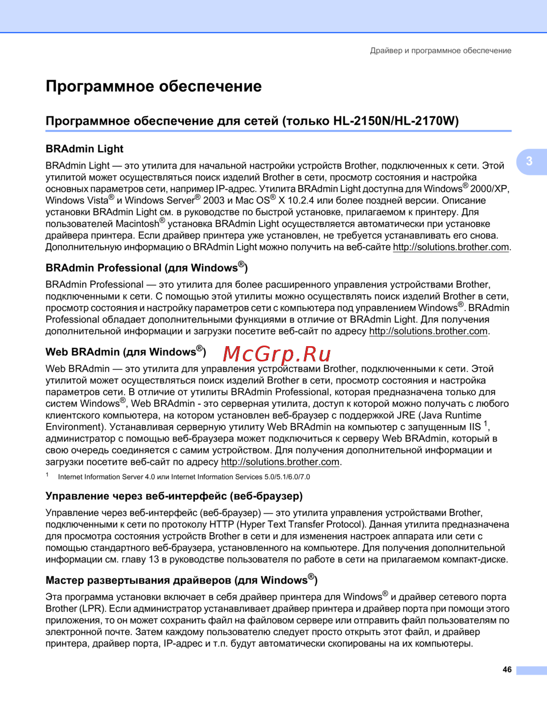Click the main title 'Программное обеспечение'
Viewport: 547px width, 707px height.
pos(154,87)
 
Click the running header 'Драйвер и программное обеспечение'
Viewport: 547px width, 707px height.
pos(440,50)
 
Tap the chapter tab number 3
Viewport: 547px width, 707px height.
pos(529,161)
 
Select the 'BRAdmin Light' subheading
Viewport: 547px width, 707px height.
pos(84,149)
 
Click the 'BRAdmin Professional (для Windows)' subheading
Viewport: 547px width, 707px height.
pos(147,268)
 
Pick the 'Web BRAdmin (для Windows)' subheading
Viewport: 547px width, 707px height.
pos(126,352)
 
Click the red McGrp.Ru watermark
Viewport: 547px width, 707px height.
pos(277,354)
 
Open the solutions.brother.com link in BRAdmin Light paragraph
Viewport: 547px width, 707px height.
pos(451,247)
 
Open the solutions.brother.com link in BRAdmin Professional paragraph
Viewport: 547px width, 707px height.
pos(428,331)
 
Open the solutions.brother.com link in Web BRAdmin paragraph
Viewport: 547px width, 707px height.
pos(280,462)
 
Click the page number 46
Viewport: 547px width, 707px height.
pos(507,670)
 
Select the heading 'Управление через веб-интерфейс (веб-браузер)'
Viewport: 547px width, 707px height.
pos(174,496)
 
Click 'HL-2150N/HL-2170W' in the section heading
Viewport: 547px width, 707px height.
pos(395,121)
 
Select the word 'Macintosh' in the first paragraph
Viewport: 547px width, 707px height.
pos(137,224)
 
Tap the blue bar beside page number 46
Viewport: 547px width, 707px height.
pos(531,670)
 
